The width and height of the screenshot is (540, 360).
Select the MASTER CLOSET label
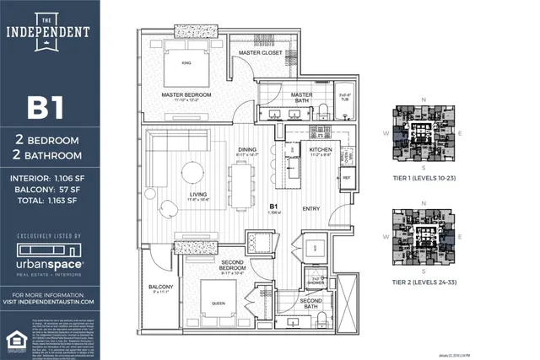point(260,52)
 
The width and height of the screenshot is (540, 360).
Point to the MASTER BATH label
point(301,95)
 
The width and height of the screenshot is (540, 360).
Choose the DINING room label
point(246,149)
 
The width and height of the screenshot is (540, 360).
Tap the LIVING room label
point(199,195)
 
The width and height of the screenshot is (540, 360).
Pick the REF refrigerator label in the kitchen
point(346,178)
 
